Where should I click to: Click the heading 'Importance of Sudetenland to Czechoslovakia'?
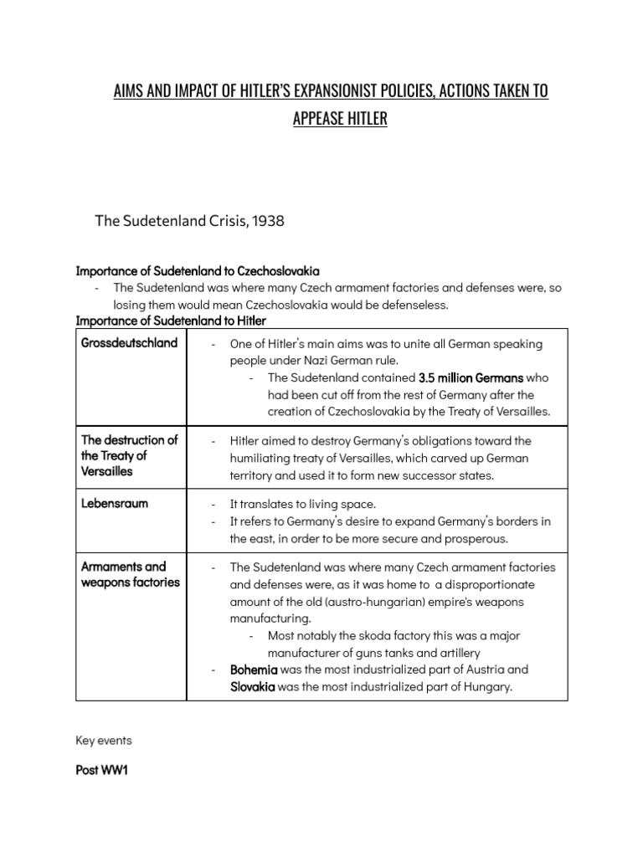pos(198,271)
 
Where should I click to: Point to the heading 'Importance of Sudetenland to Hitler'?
pos(171,321)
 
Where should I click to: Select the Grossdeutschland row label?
pos(129,343)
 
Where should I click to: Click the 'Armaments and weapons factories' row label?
pos(130,574)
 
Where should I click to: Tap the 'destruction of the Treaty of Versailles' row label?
pos(129,455)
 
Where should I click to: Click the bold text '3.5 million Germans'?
pos(471,377)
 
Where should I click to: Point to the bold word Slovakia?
pos(253,686)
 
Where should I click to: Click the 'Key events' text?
pos(104,741)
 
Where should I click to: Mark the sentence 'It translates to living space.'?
pos(302,504)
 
